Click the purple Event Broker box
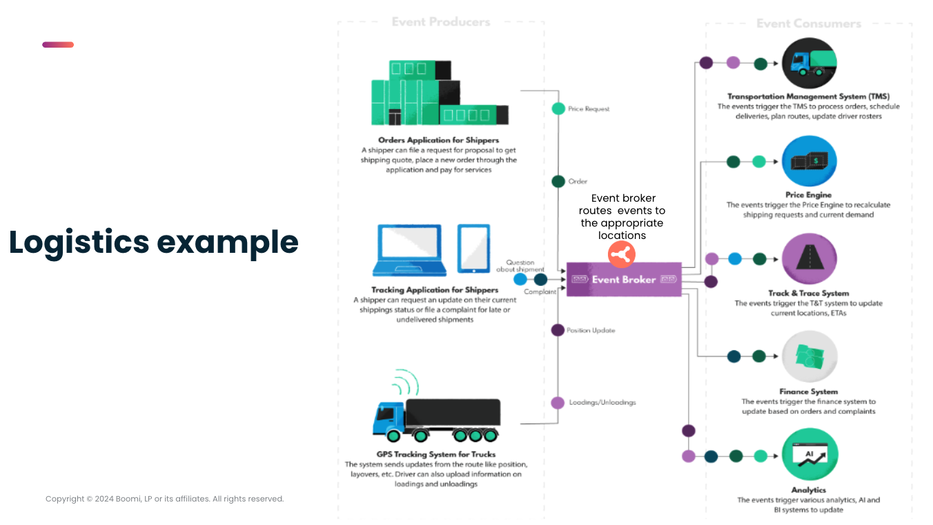(624, 279)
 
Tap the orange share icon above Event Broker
(621, 255)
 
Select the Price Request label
(588, 109)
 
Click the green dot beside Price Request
(558, 108)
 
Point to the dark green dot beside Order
(558, 182)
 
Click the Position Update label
(591, 330)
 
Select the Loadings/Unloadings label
(602, 402)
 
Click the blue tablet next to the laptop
(473, 249)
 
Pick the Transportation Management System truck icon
(809, 64)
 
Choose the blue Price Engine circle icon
(809, 162)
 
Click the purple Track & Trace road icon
(809, 260)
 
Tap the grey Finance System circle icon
(809, 357)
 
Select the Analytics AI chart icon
(809, 456)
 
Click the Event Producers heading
(440, 22)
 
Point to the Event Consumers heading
(808, 23)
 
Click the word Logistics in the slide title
(79, 242)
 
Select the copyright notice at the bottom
(164, 499)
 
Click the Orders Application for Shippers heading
(438, 140)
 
